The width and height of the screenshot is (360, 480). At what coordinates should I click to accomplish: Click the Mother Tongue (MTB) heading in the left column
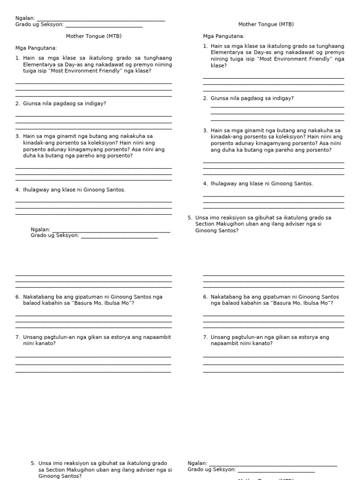[94, 36]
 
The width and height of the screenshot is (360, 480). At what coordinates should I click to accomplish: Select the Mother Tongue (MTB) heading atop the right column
[266, 24]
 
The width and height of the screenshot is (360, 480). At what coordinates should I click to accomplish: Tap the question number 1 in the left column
[17, 58]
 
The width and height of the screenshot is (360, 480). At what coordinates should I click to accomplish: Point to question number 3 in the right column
[205, 130]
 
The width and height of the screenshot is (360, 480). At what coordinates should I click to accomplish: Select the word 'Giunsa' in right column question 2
[219, 98]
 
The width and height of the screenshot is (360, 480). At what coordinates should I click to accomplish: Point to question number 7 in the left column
[17, 337]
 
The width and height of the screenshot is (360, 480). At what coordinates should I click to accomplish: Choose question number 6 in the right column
[205, 297]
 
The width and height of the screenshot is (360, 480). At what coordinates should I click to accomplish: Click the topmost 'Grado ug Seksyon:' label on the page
[39, 24]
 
